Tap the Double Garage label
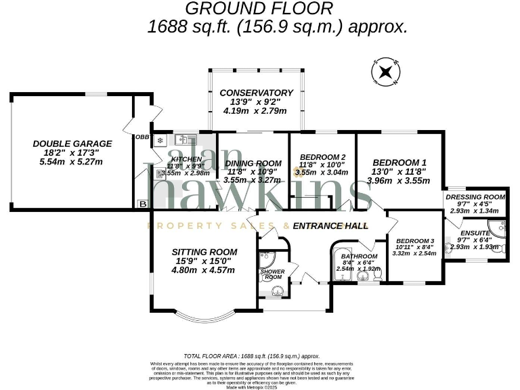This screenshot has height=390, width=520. (72, 144)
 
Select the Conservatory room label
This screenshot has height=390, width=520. (256, 93)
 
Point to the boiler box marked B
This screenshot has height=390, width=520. (142, 203)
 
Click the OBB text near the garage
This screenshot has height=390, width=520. (142, 137)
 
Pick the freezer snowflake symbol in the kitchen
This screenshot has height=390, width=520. (161, 141)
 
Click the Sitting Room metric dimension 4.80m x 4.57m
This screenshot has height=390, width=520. (203, 270)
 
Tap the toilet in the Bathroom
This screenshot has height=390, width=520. (376, 275)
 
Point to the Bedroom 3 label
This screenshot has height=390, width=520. (414, 241)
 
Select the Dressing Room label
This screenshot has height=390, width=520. (476, 197)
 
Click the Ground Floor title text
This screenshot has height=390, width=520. (259, 9)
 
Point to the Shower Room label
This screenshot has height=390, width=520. (272, 274)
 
